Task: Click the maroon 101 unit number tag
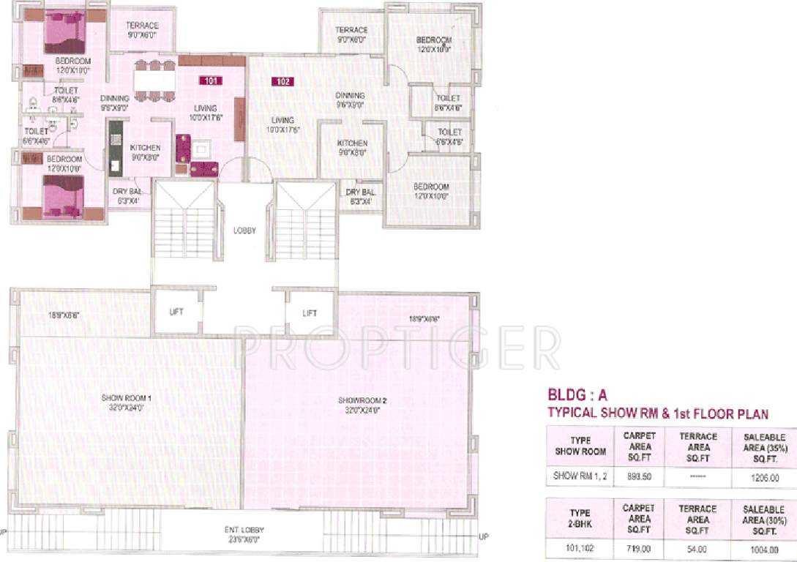click(x=210, y=81)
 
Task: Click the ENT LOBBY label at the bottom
click(x=244, y=533)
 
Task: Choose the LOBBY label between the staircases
click(x=244, y=231)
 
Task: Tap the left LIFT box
click(x=176, y=312)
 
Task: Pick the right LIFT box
click(x=310, y=313)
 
